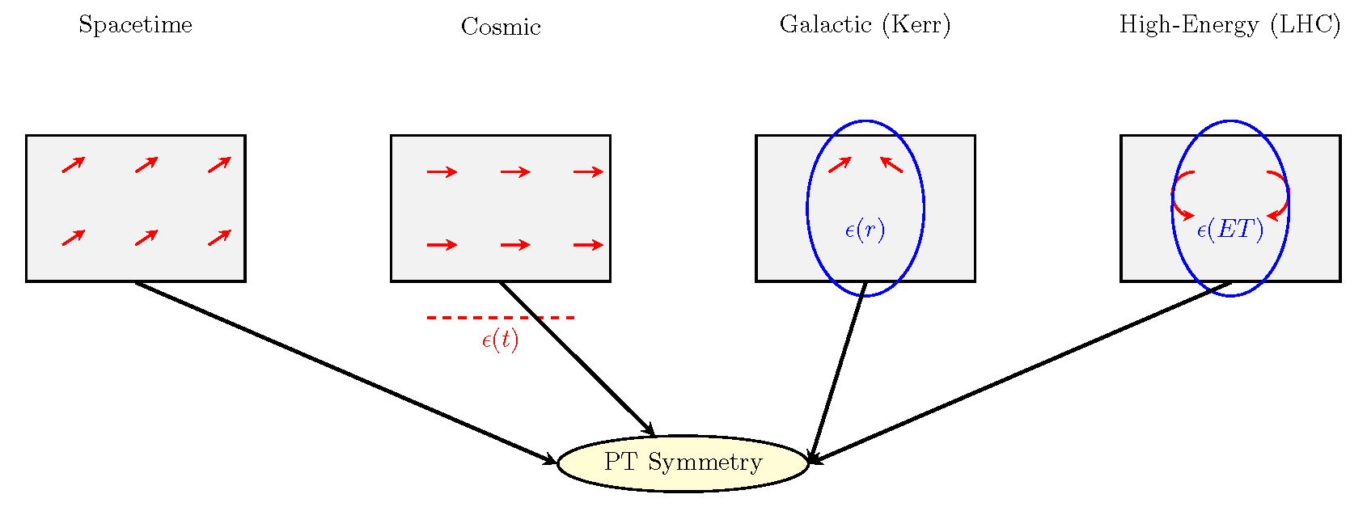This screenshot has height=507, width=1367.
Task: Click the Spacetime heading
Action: [x=135, y=25]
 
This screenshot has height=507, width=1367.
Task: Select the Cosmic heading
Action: [x=501, y=27]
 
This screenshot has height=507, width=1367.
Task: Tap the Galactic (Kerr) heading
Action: [x=865, y=25]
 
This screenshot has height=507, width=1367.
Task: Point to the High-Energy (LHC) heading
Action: [x=1229, y=25]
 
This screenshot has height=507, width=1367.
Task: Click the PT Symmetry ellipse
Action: [x=683, y=463]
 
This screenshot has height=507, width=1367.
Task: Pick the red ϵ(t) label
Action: [x=500, y=340]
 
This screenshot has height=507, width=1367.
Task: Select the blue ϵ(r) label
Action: [x=865, y=230]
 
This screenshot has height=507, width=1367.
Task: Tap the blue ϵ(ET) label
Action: [x=1229, y=230]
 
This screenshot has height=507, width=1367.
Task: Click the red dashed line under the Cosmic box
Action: [x=501, y=318]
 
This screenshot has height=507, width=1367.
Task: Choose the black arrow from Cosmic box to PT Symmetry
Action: [x=577, y=359]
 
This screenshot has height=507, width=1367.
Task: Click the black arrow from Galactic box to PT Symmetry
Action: [x=837, y=372]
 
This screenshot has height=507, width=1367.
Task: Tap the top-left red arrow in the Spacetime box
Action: [x=74, y=164]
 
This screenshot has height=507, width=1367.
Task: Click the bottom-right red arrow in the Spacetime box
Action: [x=219, y=238]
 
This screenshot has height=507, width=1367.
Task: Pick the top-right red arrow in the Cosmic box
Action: [x=588, y=171]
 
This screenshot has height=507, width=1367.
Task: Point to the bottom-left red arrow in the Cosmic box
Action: [x=442, y=245]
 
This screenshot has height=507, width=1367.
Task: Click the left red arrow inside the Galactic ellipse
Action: [x=840, y=164]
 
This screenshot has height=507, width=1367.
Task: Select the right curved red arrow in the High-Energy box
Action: [x=1280, y=195]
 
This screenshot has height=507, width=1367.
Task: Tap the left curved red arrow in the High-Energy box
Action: [x=1180, y=195]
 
